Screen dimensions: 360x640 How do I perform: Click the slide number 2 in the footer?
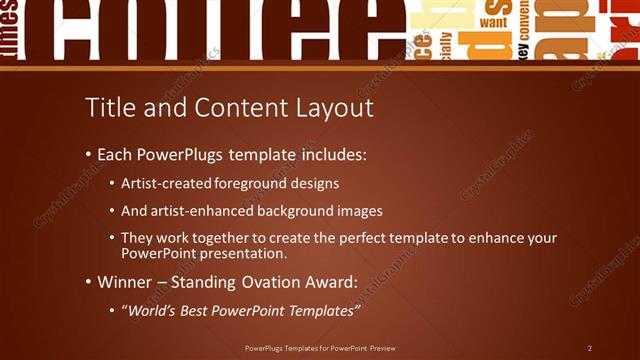[x=589, y=348]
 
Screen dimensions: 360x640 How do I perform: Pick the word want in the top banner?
[x=493, y=21]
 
